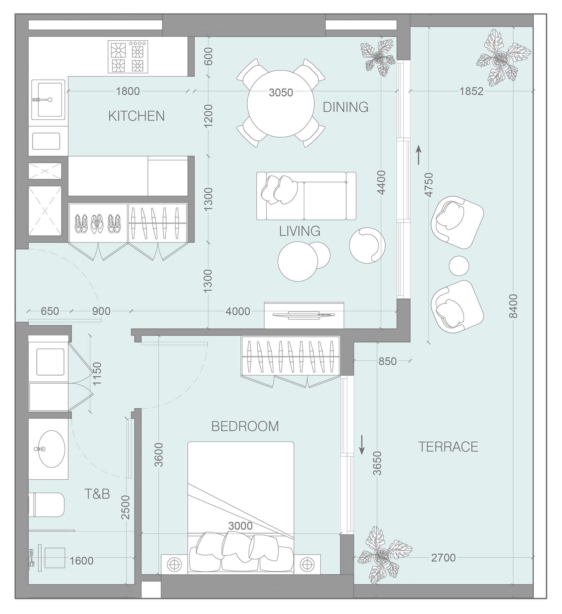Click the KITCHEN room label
pyautogui.click(x=137, y=116)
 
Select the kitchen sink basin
pyautogui.click(x=50, y=99)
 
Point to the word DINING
pyautogui.click(x=345, y=107)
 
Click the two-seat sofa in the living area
pyautogui.click(x=306, y=196)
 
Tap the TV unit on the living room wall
pyautogui.click(x=304, y=315)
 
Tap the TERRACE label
pyautogui.click(x=448, y=447)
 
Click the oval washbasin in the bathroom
pyautogui.click(x=49, y=449)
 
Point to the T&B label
pyautogui.click(x=97, y=494)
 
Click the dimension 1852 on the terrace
pyautogui.click(x=471, y=91)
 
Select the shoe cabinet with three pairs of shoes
pyautogui.click(x=98, y=223)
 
